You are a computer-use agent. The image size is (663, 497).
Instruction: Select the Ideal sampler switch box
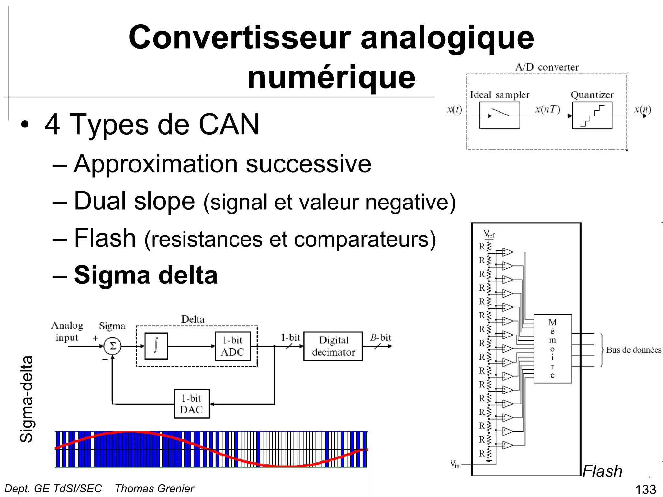[x=499, y=116]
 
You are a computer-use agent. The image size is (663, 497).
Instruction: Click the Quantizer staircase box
[x=592, y=116]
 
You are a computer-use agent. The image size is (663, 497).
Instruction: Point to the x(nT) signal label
[x=547, y=109]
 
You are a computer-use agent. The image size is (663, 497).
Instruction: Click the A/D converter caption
[x=547, y=67]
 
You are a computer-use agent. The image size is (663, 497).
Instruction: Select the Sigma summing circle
[x=112, y=347]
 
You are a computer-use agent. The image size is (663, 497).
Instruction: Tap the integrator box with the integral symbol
[x=156, y=346]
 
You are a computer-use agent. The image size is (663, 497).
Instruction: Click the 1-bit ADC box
[x=233, y=346]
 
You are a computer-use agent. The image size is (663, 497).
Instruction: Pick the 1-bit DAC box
[x=192, y=404]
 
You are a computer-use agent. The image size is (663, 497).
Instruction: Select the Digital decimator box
[x=333, y=346]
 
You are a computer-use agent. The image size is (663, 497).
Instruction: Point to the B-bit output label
[x=381, y=337]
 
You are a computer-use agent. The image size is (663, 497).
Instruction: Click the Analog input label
[x=67, y=331]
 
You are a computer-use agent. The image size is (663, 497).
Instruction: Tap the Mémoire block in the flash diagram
[x=552, y=348]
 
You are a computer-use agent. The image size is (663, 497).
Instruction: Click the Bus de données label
[x=633, y=350]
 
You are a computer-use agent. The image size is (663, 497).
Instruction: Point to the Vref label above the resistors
[x=489, y=234]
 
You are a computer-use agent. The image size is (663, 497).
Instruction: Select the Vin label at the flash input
[x=455, y=464]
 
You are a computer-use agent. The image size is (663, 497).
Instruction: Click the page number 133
[x=646, y=490]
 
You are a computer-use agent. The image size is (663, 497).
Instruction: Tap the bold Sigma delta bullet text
[x=146, y=275]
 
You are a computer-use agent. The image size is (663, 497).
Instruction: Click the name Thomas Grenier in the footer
[x=154, y=489]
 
